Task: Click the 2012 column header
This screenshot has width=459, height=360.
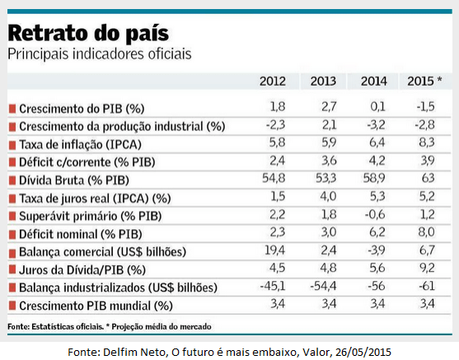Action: (x=273, y=81)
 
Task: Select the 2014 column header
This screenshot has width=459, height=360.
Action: (x=374, y=81)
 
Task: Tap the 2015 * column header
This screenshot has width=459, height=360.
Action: (x=424, y=81)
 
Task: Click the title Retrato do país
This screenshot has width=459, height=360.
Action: (x=88, y=33)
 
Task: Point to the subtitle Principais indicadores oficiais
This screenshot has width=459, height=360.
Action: (x=100, y=54)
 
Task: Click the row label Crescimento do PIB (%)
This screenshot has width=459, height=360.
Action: (x=82, y=109)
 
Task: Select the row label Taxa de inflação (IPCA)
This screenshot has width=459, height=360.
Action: (x=80, y=145)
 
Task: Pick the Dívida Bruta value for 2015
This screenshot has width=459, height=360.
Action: (x=428, y=178)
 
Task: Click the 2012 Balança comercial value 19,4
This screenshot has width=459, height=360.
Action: (x=274, y=250)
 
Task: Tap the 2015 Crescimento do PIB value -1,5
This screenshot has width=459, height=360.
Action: (x=426, y=106)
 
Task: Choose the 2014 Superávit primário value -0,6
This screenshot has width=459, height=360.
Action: (x=375, y=214)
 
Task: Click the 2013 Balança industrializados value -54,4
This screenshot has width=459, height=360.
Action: (x=323, y=286)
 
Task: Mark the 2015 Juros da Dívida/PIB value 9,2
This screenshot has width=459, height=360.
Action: (x=427, y=268)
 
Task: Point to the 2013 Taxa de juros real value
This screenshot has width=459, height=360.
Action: (x=328, y=196)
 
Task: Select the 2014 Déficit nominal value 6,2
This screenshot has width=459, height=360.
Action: (x=377, y=232)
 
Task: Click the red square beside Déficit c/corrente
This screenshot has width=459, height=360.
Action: (x=12, y=162)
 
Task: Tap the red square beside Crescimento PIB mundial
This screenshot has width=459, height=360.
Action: (x=12, y=306)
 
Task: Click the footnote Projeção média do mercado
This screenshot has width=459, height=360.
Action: (x=162, y=326)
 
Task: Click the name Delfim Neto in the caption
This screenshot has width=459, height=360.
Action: (x=134, y=352)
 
